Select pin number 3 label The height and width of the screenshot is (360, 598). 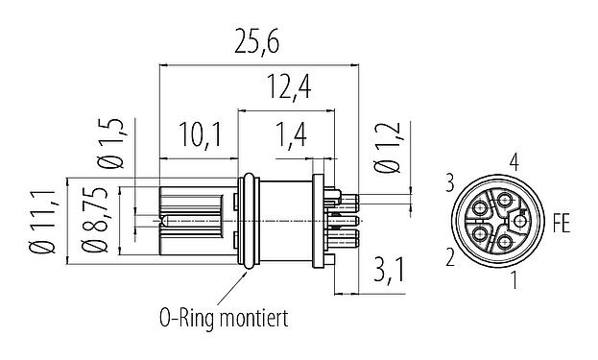tap(449, 180)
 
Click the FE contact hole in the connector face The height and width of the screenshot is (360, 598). tap(519, 222)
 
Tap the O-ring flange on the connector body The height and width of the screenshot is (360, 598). tap(247, 220)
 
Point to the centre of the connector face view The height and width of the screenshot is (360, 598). tap(497, 222)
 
